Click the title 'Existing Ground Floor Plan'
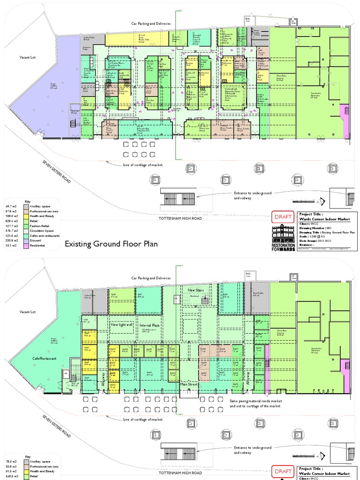click(111, 244)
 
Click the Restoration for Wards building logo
click(283, 237)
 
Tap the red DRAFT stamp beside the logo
click(283, 217)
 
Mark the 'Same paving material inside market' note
click(255, 401)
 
